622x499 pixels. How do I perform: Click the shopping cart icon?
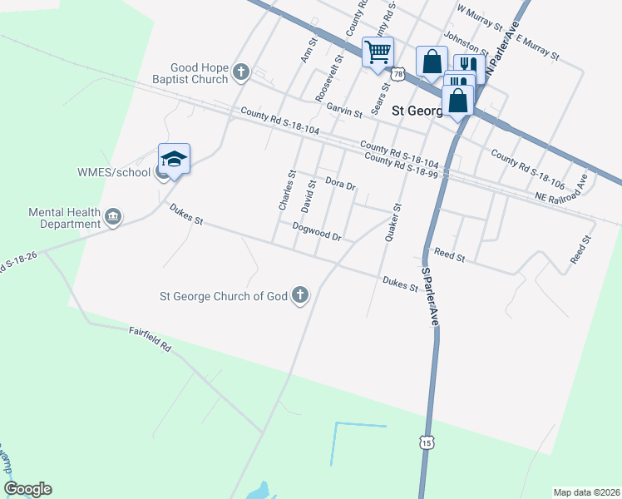tap(378, 53)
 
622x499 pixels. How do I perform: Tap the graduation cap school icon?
tap(175, 158)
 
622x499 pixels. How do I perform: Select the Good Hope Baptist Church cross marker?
tap(241, 72)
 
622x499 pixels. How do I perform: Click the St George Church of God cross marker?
tap(300, 295)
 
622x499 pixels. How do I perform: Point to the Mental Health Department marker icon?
tap(114, 218)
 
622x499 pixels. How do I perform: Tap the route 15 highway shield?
tap(427, 442)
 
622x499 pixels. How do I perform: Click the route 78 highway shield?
tap(399, 75)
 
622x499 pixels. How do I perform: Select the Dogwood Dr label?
tap(318, 231)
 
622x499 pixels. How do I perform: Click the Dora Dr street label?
tap(340, 182)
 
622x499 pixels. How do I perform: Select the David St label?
tap(309, 195)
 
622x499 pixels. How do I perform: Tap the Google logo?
tap(28, 489)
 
